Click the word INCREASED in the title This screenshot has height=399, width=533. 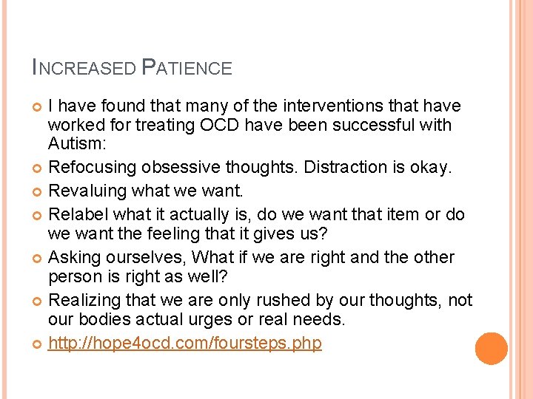pos(83,69)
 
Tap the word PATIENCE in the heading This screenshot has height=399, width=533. pos(187,69)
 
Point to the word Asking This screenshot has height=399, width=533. pos(73,258)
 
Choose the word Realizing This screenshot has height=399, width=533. pos(84,301)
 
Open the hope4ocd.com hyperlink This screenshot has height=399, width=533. pos(185,343)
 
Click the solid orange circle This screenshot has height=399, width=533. pos(492,348)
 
